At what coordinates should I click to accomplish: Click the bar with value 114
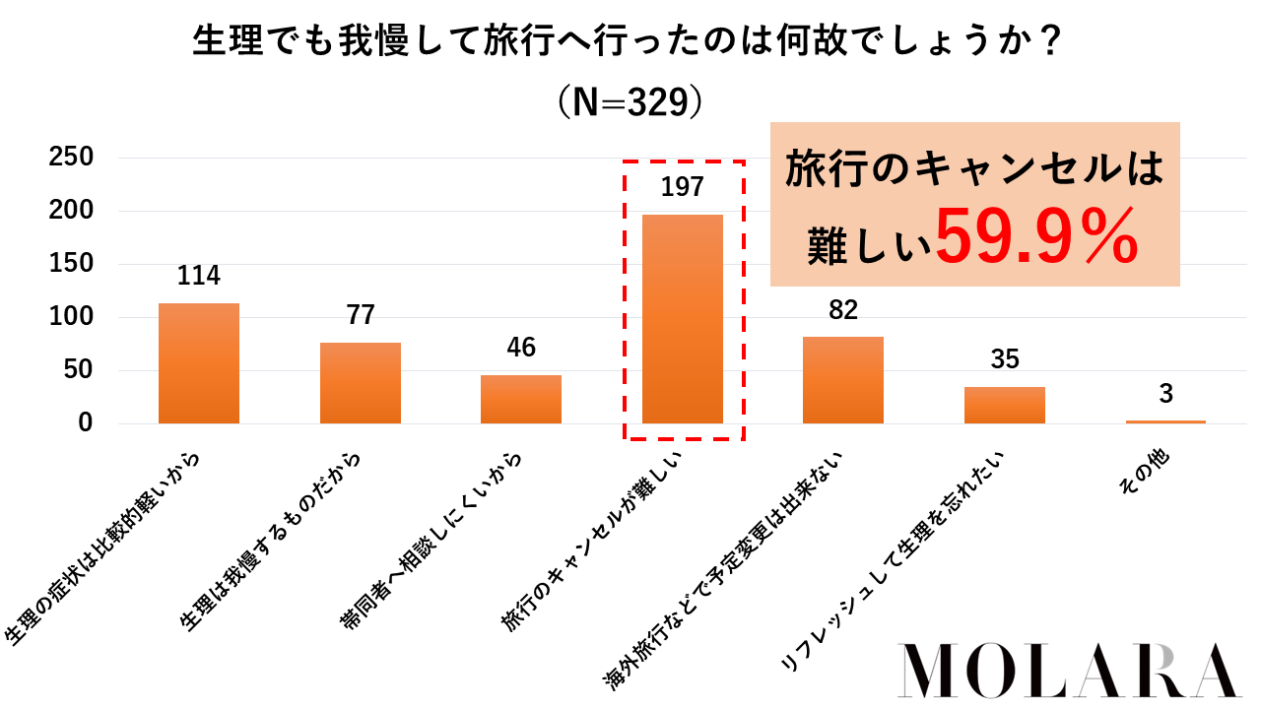[199, 363]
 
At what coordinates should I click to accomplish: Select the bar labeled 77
[361, 383]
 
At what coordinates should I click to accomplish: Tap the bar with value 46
[521, 399]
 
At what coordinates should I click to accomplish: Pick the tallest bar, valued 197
[683, 319]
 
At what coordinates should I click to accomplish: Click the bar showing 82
[843, 380]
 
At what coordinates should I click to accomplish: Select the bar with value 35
[1004, 405]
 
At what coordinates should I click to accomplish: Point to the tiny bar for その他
[1165, 421]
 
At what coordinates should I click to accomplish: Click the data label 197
[683, 187]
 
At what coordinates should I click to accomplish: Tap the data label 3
[1165, 395]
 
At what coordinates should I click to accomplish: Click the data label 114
[199, 277]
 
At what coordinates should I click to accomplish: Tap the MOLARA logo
[1072, 672]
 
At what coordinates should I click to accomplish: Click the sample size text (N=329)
[630, 101]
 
